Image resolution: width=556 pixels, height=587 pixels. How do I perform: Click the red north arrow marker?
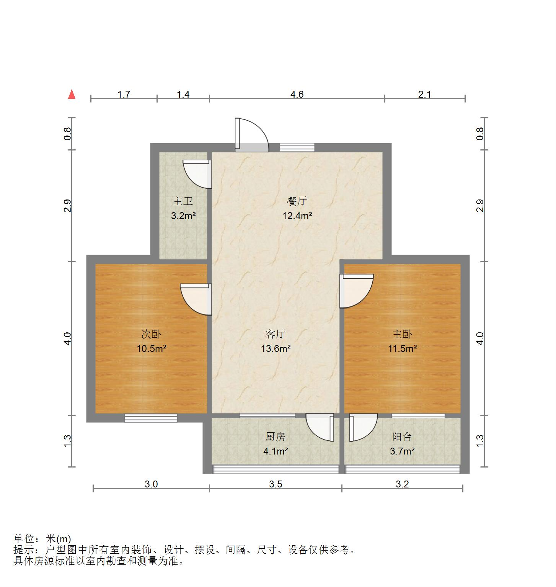pos(72,94)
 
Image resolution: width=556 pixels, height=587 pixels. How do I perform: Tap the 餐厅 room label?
pos(297,201)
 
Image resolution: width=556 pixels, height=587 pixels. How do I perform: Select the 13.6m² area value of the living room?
pos(276,348)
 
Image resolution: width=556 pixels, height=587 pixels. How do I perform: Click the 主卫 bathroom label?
pos(183,201)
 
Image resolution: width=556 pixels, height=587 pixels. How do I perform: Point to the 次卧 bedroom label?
pos(151,334)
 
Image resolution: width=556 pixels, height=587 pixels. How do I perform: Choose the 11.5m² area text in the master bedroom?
pos(402,348)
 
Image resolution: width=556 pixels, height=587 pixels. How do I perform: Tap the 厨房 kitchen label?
pos(276,437)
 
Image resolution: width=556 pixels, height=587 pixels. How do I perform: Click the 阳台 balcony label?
pos(402,437)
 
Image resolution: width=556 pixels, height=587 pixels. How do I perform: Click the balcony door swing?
pos(362,427)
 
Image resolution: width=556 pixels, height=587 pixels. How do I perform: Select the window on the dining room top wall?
pos(297,147)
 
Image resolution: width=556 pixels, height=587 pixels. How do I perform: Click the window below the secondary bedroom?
pos(151,418)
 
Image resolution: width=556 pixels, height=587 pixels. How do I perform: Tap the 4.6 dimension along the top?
pos(297,94)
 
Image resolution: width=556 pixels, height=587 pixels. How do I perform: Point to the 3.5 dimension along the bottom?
pos(276,484)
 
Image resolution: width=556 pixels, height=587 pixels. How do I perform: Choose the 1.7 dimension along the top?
pos(124,94)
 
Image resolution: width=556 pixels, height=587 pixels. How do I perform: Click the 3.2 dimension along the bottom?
pos(402,484)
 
